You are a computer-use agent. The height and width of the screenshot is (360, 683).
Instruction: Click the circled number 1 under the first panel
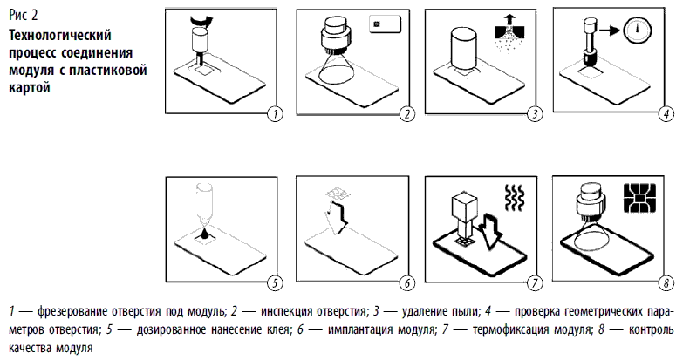click(277, 113)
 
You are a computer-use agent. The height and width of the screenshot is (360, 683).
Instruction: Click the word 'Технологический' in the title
click(58, 35)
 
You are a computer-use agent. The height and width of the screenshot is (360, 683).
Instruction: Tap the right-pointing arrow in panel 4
click(613, 31)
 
